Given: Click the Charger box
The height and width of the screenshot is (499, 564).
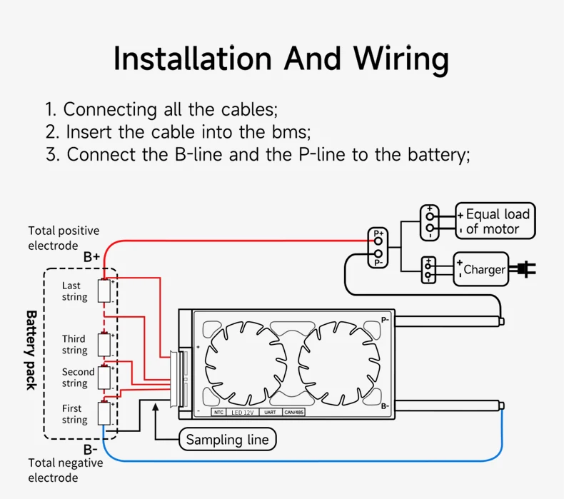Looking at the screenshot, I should tap(481, 270).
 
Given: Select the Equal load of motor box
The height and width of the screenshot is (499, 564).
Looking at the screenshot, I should tap(495, 221).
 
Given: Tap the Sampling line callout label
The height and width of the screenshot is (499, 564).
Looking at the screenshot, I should tap(227, 440).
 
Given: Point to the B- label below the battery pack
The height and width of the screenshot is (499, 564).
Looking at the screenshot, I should tap(90, 450).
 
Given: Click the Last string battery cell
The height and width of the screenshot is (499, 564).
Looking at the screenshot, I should tap(104, 291).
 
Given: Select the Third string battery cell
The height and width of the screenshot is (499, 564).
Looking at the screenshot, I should tap(104, 344).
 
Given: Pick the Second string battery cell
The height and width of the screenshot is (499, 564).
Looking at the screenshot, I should tap(104, 377).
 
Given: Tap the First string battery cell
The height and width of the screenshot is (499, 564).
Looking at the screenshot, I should tap(104, 413).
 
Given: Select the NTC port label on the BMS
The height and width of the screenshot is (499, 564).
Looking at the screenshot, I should tap(218, 413).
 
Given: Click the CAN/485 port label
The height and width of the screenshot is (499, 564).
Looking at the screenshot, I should tap(294, 413).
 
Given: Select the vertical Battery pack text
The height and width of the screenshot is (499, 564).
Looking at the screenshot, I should tap(31, 350).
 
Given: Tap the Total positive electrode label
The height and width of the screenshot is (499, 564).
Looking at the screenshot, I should tap(64, 238).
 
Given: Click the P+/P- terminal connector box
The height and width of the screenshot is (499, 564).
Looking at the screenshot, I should tap(378, 248).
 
